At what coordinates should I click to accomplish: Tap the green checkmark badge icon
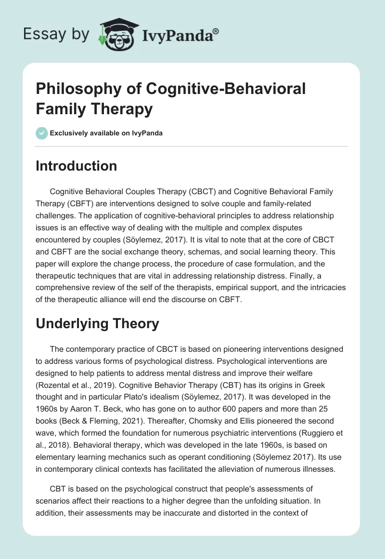coord(41,133)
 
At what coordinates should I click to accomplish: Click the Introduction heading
coord(76,166)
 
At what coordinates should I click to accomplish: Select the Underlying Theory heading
coord(97,324)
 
